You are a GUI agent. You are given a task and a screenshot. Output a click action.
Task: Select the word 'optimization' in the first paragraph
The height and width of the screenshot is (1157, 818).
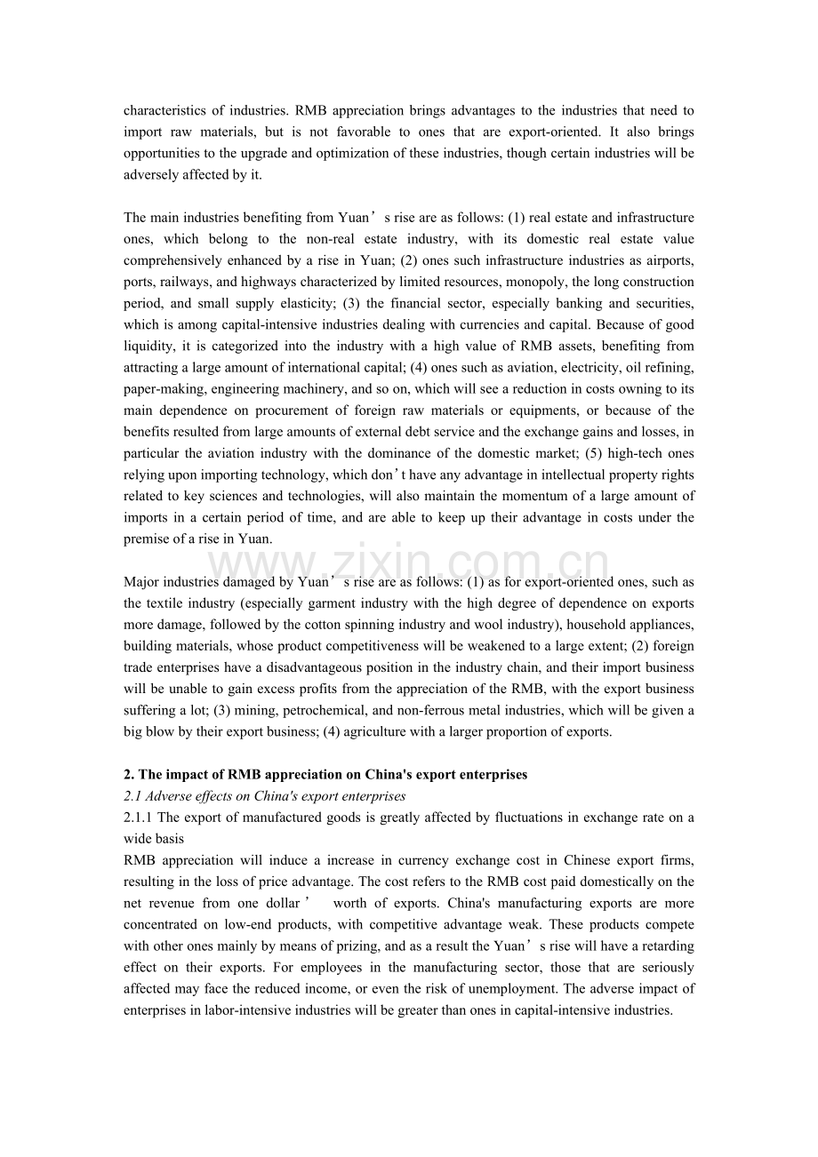pos(341,154)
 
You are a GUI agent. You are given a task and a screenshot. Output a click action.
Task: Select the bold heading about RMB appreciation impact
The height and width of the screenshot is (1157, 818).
pos(325,774)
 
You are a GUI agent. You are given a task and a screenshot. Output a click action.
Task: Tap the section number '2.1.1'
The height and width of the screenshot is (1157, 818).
pos(139,818)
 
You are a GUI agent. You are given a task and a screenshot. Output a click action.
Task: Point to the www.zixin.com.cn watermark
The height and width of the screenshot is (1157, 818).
pos(409,563)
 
